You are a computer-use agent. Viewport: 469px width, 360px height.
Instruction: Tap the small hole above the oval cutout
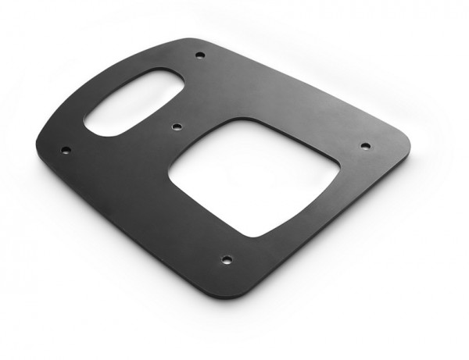click(199, 55)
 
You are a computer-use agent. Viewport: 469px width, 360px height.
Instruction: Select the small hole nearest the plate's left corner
click(66, 149)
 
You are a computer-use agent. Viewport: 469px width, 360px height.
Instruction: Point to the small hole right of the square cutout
click(364, 145)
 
